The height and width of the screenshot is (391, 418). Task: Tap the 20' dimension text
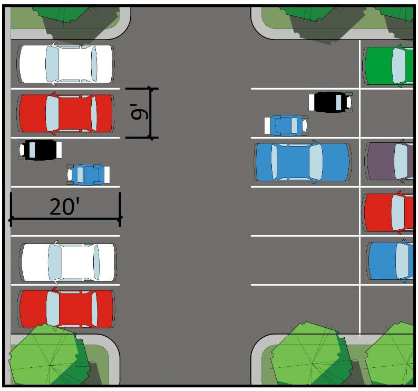[64, 207]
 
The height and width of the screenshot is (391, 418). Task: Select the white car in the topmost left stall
[66, 64]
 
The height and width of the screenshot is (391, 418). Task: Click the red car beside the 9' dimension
[66, 113]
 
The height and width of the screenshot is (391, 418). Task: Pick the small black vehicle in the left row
[40, 150]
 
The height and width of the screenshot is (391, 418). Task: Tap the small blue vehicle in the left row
[88, 174]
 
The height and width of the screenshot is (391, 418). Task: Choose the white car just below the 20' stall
[68, 262]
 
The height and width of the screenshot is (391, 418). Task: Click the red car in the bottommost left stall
[66, 309]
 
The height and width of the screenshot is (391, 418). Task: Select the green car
[389, 66]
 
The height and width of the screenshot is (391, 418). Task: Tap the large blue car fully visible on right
[302, 162]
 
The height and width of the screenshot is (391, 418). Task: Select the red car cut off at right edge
[389, 213]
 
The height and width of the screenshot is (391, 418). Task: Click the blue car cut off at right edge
[391, 261]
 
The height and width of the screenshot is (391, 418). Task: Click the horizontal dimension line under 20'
[65, 218]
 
